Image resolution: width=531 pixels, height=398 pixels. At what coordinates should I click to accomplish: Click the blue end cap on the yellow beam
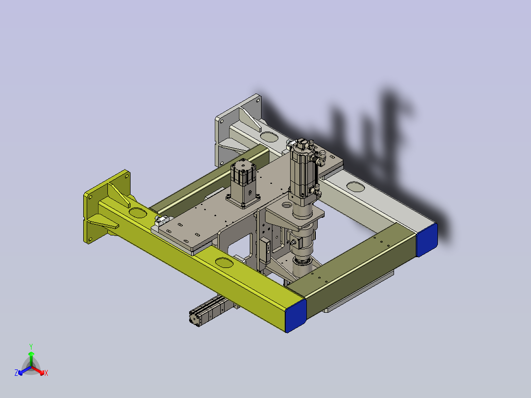pos(296,316)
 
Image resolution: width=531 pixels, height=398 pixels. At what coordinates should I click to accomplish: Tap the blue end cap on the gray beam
pos(427,240)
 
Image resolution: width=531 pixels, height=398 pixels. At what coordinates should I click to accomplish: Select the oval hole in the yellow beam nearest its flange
pos(137,213)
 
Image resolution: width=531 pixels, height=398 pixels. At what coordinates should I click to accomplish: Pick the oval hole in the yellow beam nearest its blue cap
pos(224,263)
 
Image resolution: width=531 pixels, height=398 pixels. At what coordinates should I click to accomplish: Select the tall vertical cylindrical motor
pos(304,173)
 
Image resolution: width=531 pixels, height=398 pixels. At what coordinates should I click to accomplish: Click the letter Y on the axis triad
pos(31,346)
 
